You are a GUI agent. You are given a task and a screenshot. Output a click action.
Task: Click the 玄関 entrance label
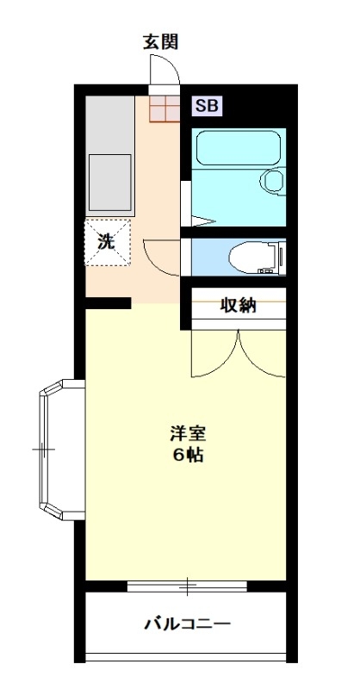click(x=160, y=42)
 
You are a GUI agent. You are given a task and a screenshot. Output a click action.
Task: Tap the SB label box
click(x=207, y=106)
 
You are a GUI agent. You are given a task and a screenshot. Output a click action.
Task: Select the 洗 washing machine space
click(x=108, y=242)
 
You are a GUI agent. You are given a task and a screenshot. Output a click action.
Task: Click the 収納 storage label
click(x=238, y=306)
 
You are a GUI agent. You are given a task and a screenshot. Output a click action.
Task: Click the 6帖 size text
click(x=188, y=456)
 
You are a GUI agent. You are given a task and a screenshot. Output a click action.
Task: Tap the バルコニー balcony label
click(x=188, y=624)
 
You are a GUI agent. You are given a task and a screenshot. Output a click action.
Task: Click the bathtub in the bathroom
click(x=239, y=147)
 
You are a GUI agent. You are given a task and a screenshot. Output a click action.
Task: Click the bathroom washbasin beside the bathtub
click(x=273, y=180)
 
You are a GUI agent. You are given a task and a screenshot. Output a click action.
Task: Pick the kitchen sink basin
click(x=110, y=183)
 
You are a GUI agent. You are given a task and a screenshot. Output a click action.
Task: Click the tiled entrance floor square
click(x=164, y=109)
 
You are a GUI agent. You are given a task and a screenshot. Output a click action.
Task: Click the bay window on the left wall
click(x=61, y=450)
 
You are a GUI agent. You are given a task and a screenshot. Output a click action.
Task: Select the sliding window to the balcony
click(x=187, y=587)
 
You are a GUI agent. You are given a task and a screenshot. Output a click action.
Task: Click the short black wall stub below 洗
click(x=109, y=303)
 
